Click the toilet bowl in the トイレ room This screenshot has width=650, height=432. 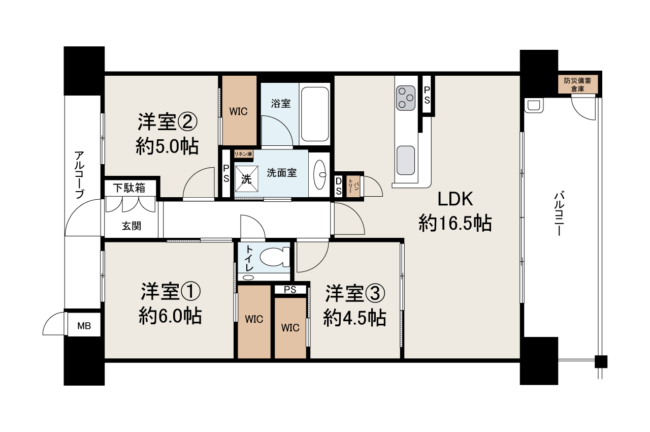click(x=275, y=257)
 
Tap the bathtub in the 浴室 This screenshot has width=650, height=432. click(x=315, y=114)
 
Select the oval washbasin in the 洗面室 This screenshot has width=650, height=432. click(x=320, y=174)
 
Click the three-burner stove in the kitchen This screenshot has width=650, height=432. click(x=406, y=98)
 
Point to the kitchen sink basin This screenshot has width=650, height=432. click(x=406, y=160)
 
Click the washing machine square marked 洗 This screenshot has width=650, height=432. click(x=246, y=179)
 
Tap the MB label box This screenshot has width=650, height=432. click(x=84, y=326)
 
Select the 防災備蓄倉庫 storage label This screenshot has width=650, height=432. click(x=577, y=84)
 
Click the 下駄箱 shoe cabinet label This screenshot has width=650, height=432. click(x=129, y=188)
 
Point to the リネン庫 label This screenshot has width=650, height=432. click(x=243, y=154)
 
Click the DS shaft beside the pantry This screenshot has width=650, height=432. click(x=338, y=186)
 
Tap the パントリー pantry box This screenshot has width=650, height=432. click(x=353, y=186)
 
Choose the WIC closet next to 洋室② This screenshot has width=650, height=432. click(x=239, y=111)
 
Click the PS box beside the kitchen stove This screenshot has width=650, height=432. click(x=427, y=95)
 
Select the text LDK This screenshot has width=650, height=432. click(x=455, y=199)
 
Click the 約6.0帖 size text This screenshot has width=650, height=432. click(x=170, y=317)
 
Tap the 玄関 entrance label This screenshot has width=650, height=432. click(x=132, y=226)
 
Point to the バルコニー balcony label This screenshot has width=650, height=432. click(x=559, y=213)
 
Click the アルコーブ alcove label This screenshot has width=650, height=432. click(x=79, y=175)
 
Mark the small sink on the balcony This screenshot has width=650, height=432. click(x=534, y=106)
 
